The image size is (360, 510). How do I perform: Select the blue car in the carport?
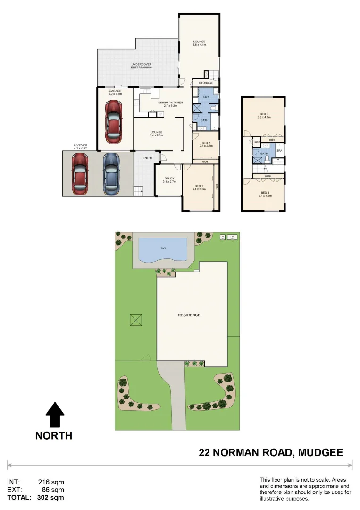click(x=110, y=173)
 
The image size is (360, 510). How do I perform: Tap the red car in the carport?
click(x=80, y=173)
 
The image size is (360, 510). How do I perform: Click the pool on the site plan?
click(x=163, y=249)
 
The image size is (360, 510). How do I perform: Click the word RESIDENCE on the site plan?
click(x=189, y=315)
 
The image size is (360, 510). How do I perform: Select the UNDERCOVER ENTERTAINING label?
click(x=142, y=66)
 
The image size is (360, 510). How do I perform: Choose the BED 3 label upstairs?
click(x=264, y=114)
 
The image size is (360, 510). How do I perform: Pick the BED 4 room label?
click(x=264, y=193)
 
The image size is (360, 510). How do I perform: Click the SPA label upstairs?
click(x=279, y=151)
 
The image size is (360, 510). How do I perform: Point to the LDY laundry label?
click(x=206, y=97)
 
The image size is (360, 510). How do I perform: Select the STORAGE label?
click(x=206, y=83)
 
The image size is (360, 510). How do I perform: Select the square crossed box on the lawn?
click(x=136, y=320)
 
